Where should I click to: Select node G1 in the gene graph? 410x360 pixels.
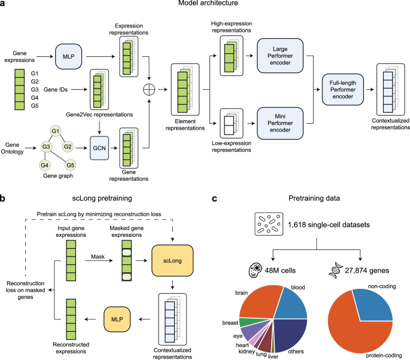(56, 131)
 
